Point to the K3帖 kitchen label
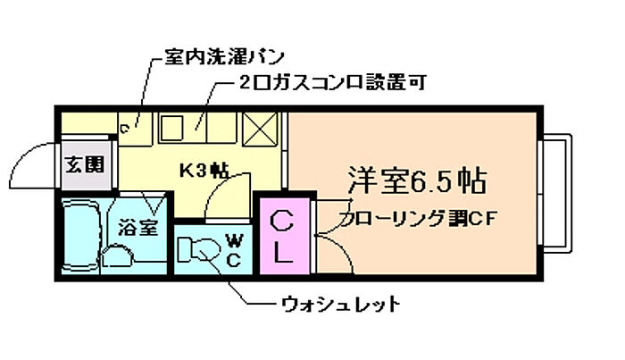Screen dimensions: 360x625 204,169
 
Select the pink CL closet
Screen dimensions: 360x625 281,237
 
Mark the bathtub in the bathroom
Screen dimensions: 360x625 81,236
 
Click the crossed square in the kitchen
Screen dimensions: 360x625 262,130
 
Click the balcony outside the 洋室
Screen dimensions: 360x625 558,192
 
